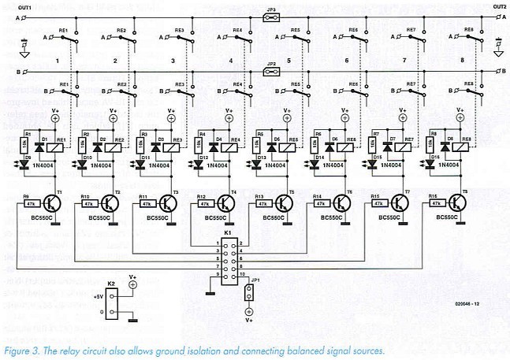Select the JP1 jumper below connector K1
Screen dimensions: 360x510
point(250,294)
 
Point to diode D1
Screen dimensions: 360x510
point(44,146)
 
